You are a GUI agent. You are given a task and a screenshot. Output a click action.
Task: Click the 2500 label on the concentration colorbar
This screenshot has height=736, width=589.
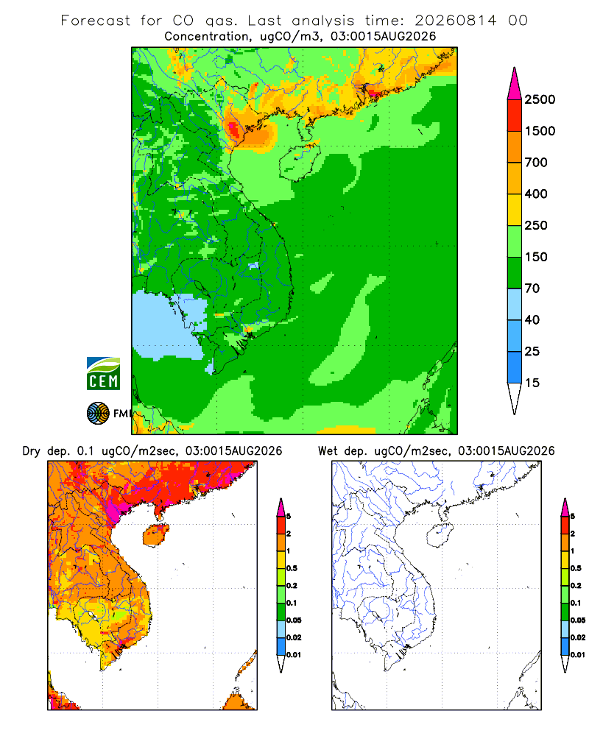pyautogui.click(x=540, y=99)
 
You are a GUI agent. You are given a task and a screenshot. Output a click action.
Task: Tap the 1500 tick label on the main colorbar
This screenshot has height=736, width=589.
pyautogui.click(x=540, y=131)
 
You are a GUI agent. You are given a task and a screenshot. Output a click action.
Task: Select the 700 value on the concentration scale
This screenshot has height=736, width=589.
pyautogui.click(x=536, y=163)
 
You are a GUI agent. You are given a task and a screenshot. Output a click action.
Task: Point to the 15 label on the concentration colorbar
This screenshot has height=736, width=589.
pyautogui.click(x=532, y=383)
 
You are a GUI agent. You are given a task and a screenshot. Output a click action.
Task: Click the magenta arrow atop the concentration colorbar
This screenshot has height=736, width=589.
pyautogui.click(x=515, y=85)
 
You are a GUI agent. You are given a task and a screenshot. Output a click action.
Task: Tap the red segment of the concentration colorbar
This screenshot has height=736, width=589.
pyautogui.click(x=515, y=116)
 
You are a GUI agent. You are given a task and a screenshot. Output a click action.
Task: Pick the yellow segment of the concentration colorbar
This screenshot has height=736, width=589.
pyautogui.click(x=515, y=210)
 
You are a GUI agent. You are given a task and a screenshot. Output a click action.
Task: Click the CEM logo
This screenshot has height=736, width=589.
pyautogui.click(x=103, y=373)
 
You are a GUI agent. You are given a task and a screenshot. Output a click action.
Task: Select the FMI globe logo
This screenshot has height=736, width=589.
pyautogui.click(x=98, y=413)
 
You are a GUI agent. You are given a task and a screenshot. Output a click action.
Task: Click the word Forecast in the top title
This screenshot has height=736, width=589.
pyautogui.click(x=96, y=21)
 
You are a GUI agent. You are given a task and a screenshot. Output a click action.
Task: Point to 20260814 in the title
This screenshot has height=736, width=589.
pyautogui.click(x=455, y=21)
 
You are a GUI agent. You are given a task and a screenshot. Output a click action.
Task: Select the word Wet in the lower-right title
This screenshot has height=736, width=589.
pyautogui.click(x=328, y=450)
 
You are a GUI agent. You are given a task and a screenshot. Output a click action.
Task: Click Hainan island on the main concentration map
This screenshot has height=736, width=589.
pyautogui.click(x=299, y=162)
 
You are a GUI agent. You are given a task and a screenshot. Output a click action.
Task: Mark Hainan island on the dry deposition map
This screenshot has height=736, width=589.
pyautogui.click(x=155, y=535)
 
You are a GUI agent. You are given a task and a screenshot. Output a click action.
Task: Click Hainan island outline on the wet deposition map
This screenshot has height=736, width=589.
pyautogui.click(x=440, y=535)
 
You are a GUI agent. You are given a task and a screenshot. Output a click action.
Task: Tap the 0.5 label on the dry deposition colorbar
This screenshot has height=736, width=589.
pyautogui.click(x=292, y=568)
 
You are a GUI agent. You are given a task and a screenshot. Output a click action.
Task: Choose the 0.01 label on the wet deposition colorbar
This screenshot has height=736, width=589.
pyautogui.click(x=578, y=654)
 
